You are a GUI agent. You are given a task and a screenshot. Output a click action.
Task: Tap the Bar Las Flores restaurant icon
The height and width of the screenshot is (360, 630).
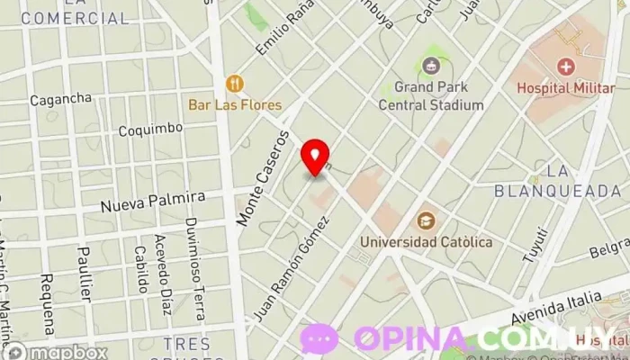(235, 84)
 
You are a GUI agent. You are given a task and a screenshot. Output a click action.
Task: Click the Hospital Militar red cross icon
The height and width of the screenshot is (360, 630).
(565, 66)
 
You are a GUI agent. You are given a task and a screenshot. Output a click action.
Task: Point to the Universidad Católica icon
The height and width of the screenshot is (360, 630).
(426, 220)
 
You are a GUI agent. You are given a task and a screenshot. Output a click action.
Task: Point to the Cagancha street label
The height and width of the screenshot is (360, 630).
(60, 98)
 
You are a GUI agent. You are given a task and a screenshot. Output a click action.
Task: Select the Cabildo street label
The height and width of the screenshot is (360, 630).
(140, 270)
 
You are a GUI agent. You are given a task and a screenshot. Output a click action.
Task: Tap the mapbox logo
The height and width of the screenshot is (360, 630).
(56, 352)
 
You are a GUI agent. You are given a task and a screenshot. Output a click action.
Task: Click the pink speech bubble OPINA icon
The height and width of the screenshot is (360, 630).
(319, 338)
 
